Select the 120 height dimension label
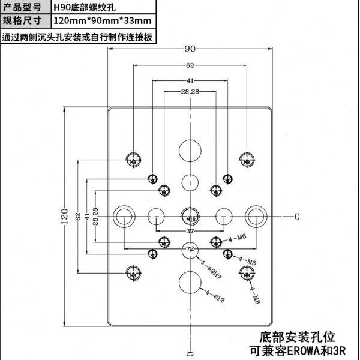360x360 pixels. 65,216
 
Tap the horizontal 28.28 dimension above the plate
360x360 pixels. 190,92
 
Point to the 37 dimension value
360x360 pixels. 190,231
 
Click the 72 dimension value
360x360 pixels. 190,248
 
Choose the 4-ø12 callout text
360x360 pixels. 215,295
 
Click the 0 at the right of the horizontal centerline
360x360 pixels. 296,216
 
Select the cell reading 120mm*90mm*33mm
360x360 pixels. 101,22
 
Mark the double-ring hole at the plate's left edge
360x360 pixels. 124,216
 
